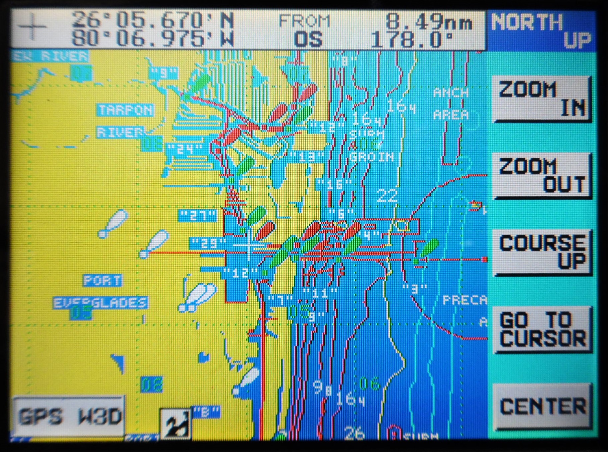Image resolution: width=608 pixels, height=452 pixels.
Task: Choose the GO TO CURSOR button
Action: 542,329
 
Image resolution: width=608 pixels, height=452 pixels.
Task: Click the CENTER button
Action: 542,406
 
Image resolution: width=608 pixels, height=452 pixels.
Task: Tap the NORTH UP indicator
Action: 541,31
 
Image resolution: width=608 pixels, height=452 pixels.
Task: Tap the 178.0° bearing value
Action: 412,40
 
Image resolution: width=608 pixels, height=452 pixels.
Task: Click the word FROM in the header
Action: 304,21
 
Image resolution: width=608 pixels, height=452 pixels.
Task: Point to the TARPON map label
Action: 126,110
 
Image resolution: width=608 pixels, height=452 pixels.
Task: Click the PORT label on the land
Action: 102,281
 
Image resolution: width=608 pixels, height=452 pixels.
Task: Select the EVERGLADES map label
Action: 100,303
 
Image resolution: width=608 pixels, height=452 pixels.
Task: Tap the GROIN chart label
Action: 372,157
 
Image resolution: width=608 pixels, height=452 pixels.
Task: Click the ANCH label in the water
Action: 451,92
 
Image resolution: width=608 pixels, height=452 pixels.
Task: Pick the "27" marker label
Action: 197,216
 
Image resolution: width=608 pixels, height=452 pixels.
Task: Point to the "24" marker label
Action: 185,149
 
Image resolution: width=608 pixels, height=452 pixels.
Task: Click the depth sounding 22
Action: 387,196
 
